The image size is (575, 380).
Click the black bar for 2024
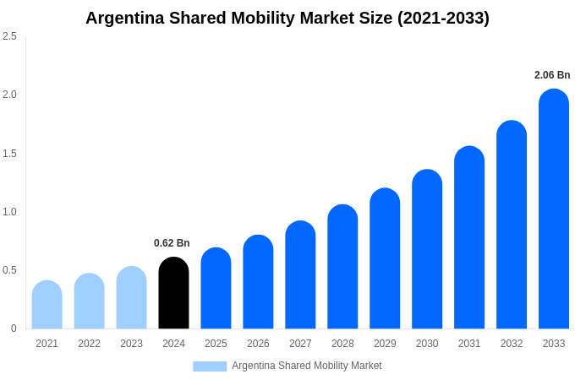pyautogui.click(x=173, y=293)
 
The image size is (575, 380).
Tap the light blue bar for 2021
pyautogui.click(x=47, y=305)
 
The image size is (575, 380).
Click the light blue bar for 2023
pyautogui.click(x=131, y=298)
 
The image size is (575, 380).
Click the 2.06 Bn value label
pyautogui.click(x=552, y=75)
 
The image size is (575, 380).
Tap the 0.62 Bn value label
pyautogui.click(x=172, y=243)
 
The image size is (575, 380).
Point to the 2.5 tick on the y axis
pyautogui.click(x=9, y=36)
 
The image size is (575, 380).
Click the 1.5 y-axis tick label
pyautogui.click(x=9, y=154)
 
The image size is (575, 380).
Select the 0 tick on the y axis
pyautogui.click(x=14, y=328)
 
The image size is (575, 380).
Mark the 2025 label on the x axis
pyautogui.click(x=216, y=344)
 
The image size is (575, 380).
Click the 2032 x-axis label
pyautogui.click(x=512, y=344)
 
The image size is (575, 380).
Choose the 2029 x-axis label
pyautogui.click(x=385, y=344)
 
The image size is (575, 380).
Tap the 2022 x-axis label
pyautogui.click(x=89, y=344)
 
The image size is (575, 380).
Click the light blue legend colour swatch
pyautogui.click(x=210, y=366)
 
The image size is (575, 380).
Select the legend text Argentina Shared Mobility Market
pyautogui.click(x=307, y=366)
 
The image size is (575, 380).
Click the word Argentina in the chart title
pyautogui.click(x=125, y=18)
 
